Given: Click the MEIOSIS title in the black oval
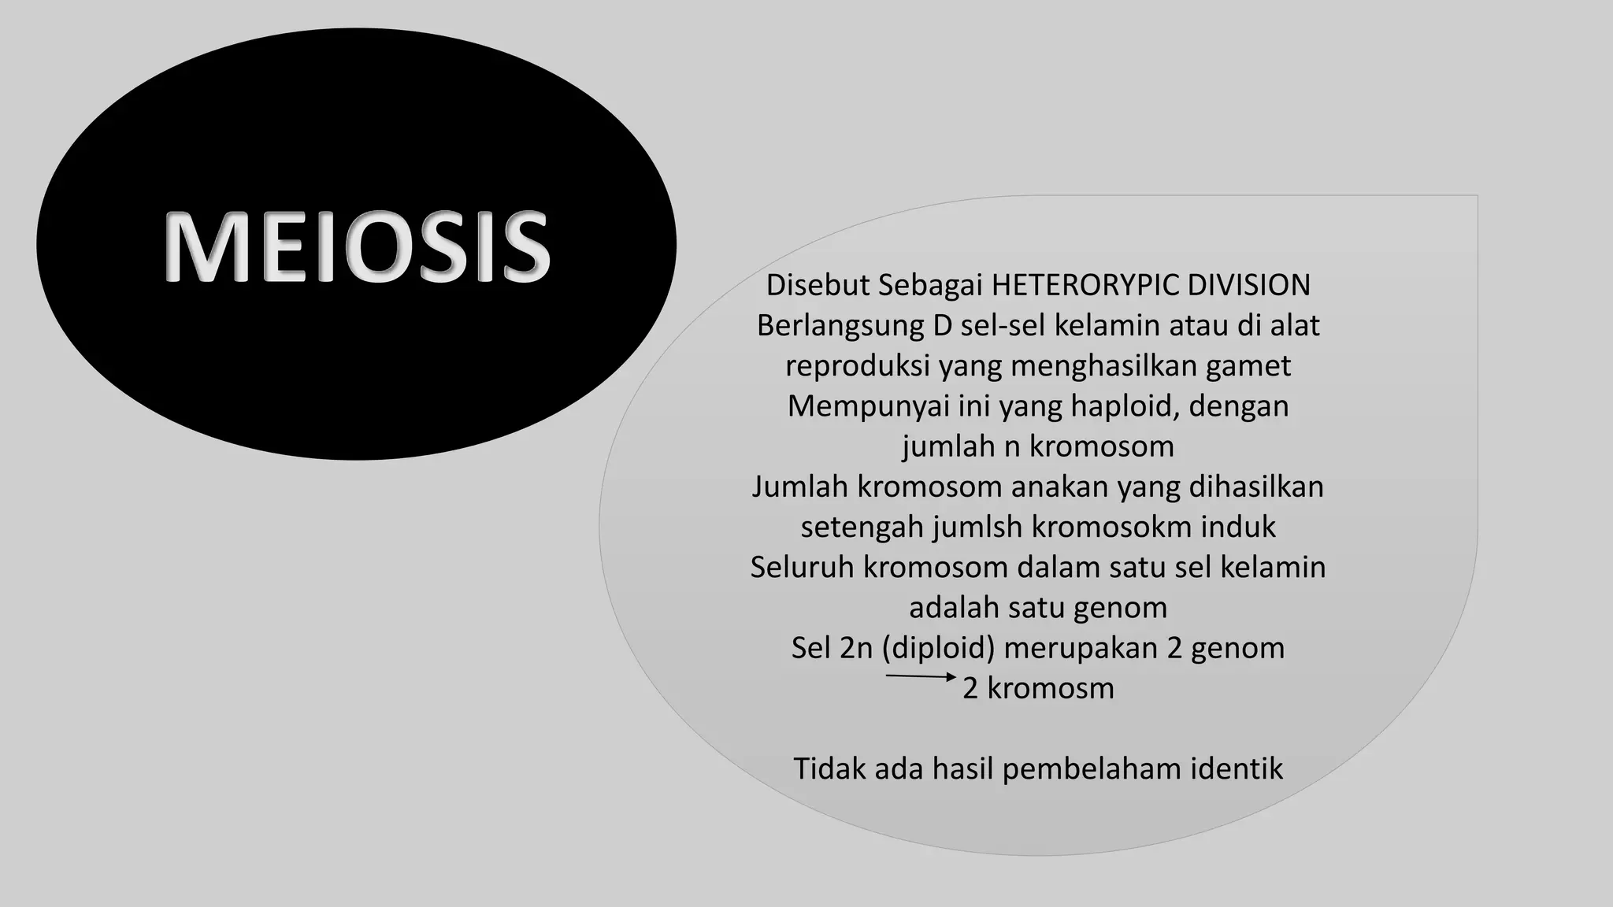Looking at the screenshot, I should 357,246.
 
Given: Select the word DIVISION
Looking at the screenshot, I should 1248,285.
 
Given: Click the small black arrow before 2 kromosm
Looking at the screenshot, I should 921,676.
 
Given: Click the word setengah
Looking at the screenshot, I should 862,527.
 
